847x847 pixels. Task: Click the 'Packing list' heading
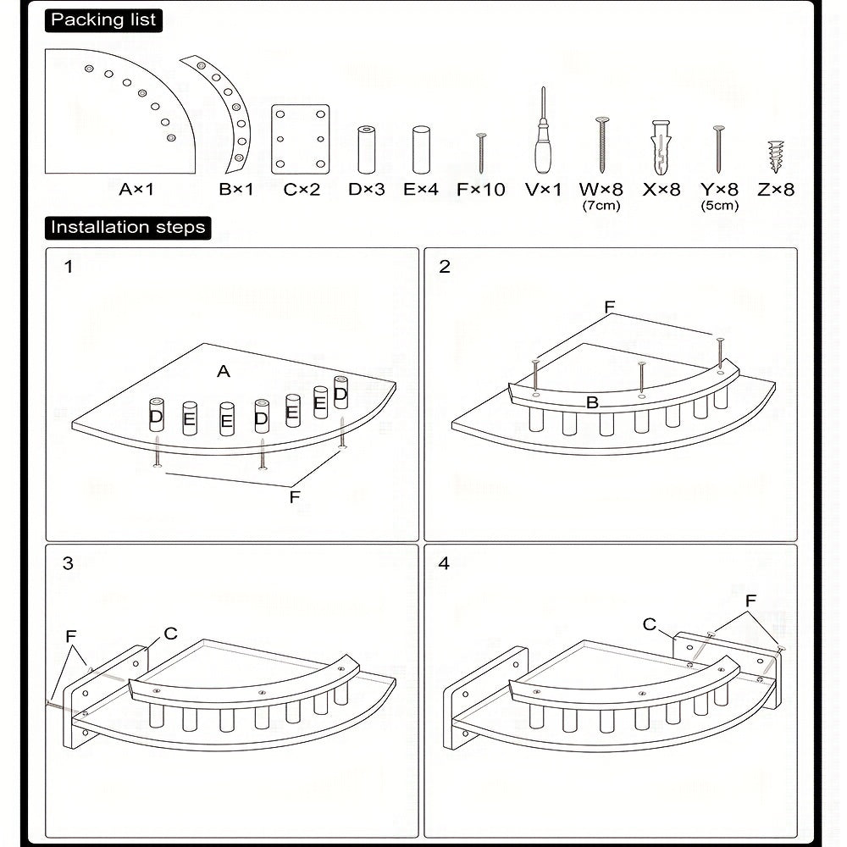coord(103,20)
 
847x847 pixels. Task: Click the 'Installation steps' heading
coord(128,227)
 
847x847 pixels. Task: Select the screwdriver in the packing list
coord(544,130)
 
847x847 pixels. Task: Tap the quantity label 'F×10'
coord(481,190)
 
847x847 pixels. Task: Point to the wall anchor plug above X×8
coord(662,147)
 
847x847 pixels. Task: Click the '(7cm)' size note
coord(601,206)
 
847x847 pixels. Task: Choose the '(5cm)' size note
coord(719,206)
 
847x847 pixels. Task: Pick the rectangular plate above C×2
coord(301,140)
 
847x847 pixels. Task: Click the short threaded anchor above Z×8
coord(776,157)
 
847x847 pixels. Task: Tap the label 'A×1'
coord(136,190)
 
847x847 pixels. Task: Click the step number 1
coord(68,266)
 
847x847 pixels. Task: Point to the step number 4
coord(444,563)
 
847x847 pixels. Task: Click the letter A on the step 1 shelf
coord(224,371)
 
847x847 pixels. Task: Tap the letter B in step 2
coord(592,401)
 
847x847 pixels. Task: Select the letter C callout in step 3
coord(171,633)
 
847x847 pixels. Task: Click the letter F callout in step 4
coord(750,601)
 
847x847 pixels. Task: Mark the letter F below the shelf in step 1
coord(295,497)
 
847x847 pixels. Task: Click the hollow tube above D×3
coord(366,150)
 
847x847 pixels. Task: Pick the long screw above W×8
coord(601,145)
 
